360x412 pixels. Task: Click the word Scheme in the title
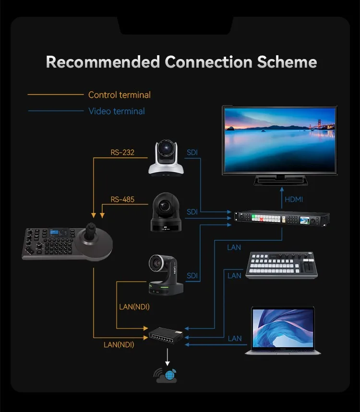coord(287,62)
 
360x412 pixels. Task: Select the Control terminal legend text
coord(120,95)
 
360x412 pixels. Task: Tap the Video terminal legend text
coord(117,111)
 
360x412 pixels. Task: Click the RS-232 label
coord(122,153)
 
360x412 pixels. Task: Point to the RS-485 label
coord(122,200)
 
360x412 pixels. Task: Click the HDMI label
coord(294,200)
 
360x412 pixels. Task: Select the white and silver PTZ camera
coord(166,158)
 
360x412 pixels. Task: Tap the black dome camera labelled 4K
coord(166,212)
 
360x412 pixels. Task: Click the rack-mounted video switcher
coord(282,219)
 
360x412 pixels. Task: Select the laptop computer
coord(283,330)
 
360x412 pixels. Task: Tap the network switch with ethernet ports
coord(166,336)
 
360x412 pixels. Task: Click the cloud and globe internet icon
coord(166,375)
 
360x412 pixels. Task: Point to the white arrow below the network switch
coord(167,357)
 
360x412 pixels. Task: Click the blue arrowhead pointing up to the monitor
coord(282,189)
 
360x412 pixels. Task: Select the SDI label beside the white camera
coord(192,153)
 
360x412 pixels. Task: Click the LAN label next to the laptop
coord(235,339)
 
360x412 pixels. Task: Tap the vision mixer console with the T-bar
coord(282,265)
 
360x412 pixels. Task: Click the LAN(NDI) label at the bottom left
coord(119,345)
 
